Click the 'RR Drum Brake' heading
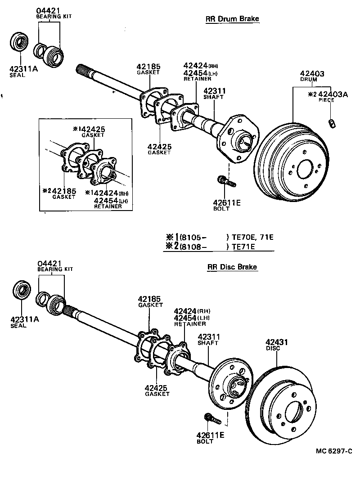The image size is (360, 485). [232, 19]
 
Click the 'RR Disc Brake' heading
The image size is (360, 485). [232, 267]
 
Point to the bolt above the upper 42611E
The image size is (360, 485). [225, 182]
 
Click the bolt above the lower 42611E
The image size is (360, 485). [211, 419]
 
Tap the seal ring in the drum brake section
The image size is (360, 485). [19, 44]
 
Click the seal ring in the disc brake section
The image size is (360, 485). [21, 292]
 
